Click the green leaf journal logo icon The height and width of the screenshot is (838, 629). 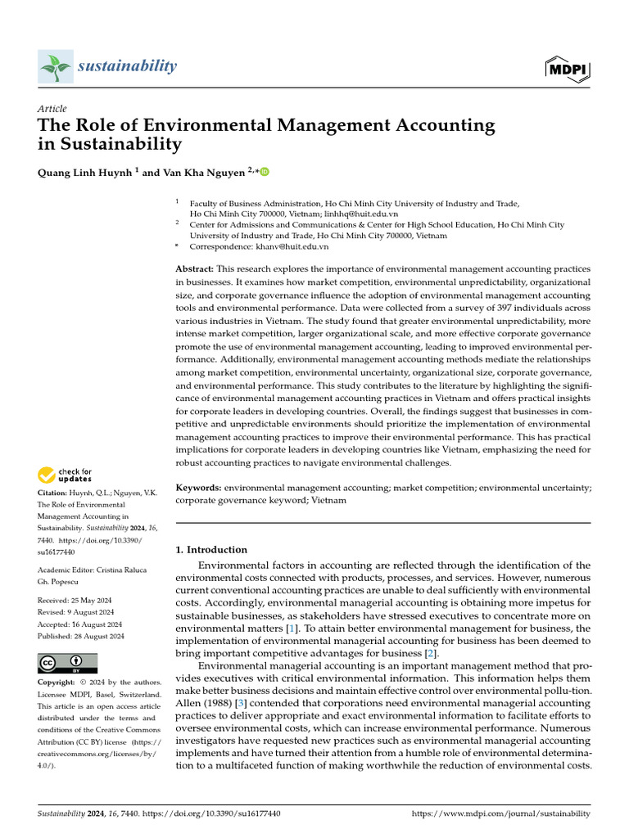(x=55, y=67)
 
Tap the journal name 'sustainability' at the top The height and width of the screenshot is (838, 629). (x=127, y=66)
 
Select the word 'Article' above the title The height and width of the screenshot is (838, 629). (x=52, y=109)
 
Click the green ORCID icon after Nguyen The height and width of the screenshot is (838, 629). (x=265, y=172)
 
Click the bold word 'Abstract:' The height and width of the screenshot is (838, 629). (x=196, y=269)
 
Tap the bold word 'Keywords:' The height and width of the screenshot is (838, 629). (x=199, y=487)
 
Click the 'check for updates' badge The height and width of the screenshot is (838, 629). (x=65, y=474)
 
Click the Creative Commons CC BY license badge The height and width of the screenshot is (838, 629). (x=68, y=663)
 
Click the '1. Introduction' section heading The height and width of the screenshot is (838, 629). (x=212, y=550)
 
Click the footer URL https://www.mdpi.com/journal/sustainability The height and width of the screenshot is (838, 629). (x=500, y=813)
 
